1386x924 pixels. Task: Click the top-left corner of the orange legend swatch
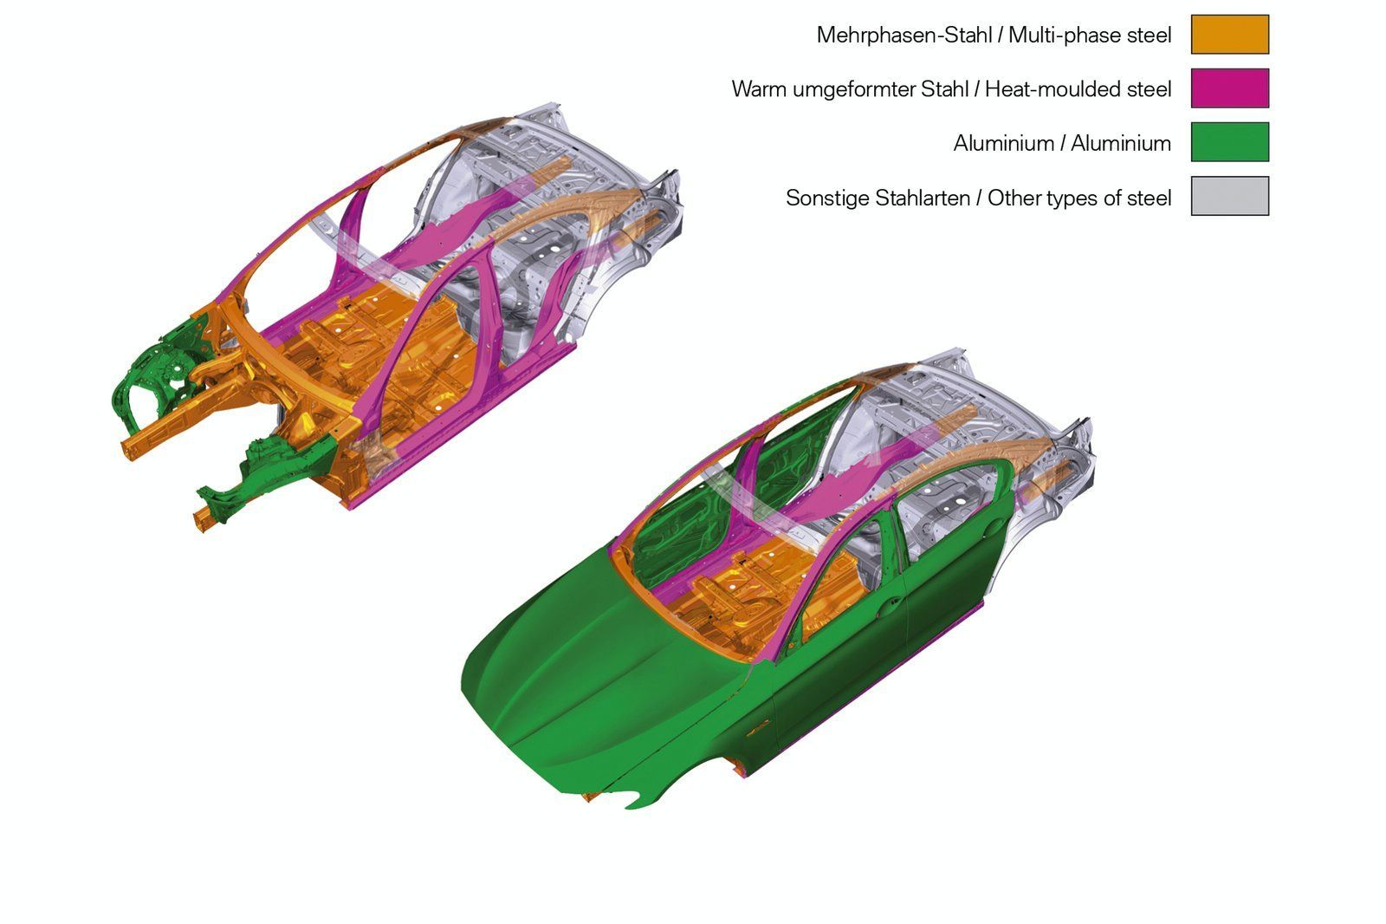1192,16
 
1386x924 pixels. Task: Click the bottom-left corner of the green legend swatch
1192,161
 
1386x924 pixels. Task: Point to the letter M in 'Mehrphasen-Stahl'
825,36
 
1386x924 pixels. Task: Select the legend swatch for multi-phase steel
1231,35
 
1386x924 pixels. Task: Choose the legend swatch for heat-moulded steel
1231,88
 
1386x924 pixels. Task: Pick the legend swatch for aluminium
1231,142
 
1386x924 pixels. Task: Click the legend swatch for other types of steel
1231,196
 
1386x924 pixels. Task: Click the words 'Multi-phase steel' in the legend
1091,36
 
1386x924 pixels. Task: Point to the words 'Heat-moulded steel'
1078,89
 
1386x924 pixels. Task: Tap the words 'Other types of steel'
1079,198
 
